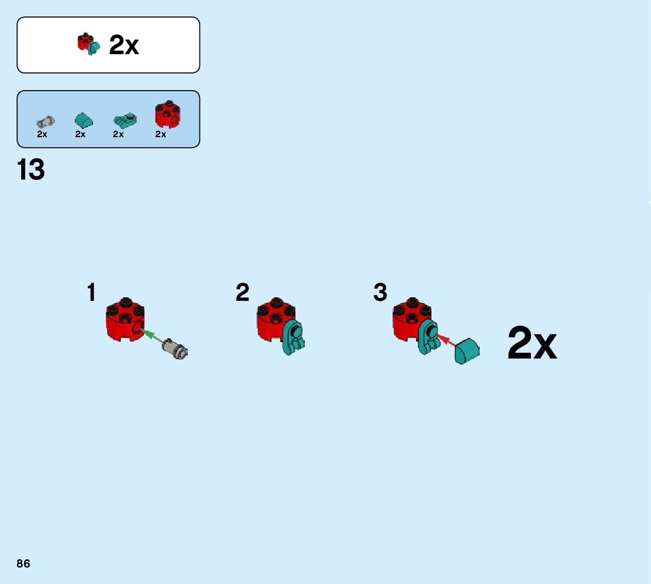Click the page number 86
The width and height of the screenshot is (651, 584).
coord(24,564)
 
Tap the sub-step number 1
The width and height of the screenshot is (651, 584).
coord(91,293)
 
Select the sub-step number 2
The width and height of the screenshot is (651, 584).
coord(243,293)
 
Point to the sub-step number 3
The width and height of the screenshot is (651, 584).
coord(380,293)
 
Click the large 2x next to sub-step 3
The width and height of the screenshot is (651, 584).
coord(532,344)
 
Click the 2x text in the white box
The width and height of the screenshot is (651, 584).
coord(124,45)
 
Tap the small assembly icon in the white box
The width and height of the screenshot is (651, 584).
coord(89,45)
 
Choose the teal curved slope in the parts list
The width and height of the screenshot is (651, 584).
coord(84,120)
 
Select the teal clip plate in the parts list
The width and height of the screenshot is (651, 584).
coord(124,121)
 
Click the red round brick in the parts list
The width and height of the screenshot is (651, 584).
coord(167,114)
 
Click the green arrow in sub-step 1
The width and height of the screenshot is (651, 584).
coord(152,336)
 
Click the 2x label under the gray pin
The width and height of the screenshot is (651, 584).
coord(42,134)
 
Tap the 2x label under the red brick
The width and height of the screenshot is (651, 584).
coord(161,134)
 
